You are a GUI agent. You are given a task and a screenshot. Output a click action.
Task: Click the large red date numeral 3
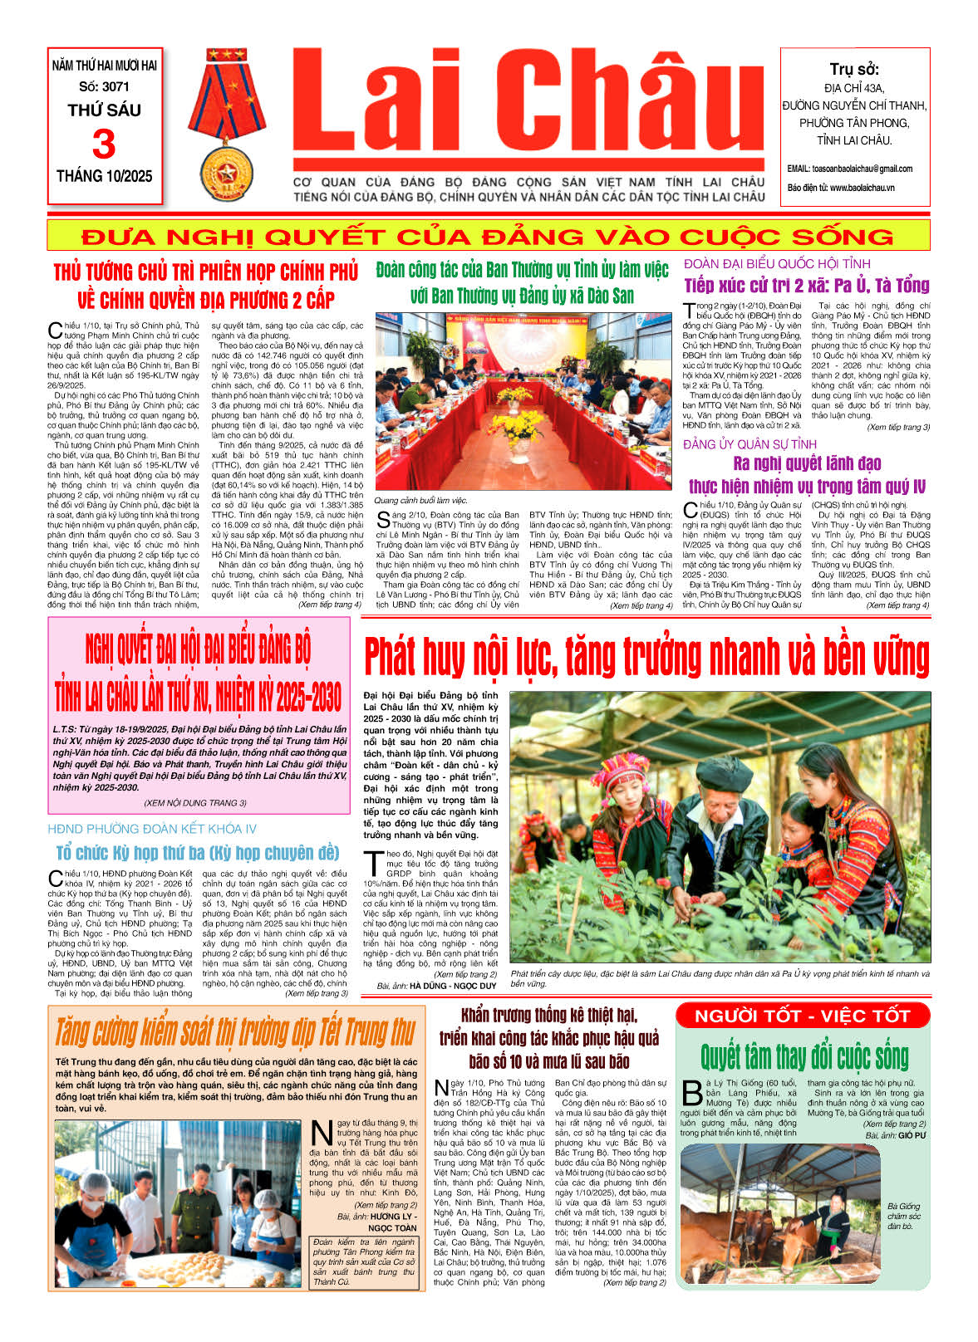104,144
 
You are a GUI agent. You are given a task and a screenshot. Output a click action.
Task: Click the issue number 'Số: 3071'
104,86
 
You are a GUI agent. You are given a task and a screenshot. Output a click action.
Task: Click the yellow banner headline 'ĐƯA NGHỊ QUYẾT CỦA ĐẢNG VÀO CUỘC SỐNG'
488,236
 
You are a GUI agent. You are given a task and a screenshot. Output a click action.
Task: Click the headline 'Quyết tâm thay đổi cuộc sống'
804,1056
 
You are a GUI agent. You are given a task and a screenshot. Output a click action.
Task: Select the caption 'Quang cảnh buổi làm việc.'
420,500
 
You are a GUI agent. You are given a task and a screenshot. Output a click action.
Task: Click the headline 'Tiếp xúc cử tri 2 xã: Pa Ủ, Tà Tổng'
806,286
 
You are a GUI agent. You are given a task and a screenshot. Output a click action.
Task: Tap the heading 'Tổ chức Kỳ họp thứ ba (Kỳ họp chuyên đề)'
198,853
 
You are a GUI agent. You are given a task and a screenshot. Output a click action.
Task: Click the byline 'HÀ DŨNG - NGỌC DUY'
452,986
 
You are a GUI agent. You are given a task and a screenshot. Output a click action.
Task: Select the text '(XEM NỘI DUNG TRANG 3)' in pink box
195,803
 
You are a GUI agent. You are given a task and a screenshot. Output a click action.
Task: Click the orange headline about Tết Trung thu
235,1032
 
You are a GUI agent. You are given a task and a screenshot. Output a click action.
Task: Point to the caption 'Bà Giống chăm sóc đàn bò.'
903,1216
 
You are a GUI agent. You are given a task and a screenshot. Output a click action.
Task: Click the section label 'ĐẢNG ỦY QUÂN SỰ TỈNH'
749,444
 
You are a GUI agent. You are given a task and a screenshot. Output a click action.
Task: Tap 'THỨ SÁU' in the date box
104,110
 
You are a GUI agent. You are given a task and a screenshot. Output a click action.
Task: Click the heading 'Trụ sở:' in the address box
854,70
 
